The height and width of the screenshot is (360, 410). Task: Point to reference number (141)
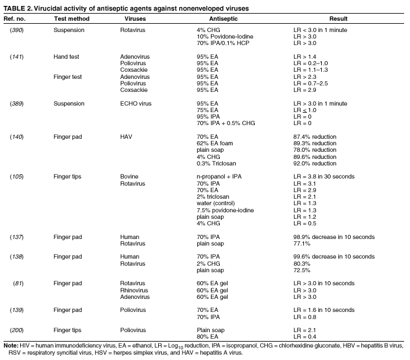point(17,57)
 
